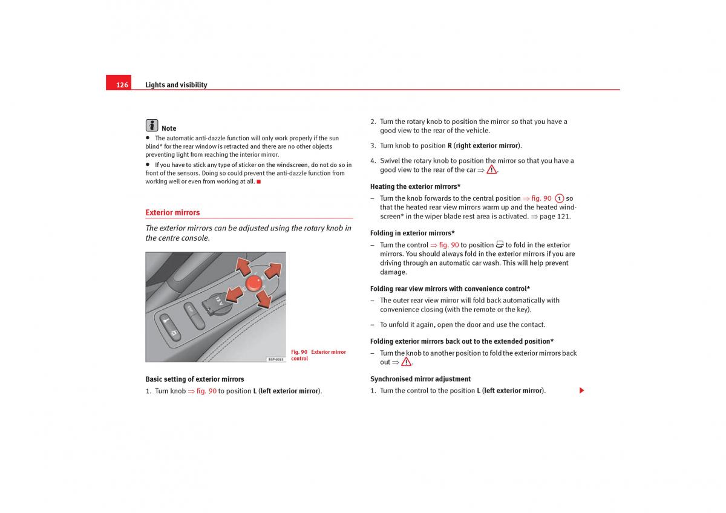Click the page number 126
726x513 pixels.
tap(122, 85)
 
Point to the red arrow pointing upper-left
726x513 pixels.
tap(243, 266)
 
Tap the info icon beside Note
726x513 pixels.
tap(152, 125)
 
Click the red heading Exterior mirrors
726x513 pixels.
tap(172, 212)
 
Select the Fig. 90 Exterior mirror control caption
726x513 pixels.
tap(318, 355)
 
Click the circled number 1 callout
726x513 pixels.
tap(560, 198)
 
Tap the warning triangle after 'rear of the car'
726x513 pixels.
tap(491, 170)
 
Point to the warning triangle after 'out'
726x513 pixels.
tap(406, 362)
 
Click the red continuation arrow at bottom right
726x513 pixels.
tap(581, 391)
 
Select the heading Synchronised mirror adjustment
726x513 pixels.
tap(420, 379)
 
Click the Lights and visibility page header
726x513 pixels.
tap(176, 85)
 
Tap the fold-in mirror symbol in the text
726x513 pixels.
tap(500, 244)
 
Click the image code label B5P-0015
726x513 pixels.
tap(275, 359)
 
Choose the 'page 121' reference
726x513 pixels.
tap(555, 217)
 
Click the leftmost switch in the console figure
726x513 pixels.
tap(169, 327)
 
